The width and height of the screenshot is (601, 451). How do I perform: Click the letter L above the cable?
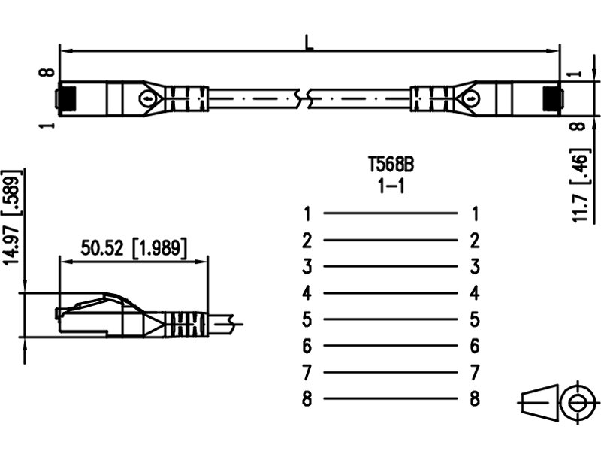pyautogui.click(x=309, y=42)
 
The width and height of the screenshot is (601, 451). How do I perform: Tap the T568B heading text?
pyautogui.click(x=391, y=165)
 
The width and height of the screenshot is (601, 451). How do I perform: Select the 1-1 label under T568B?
pyautogui.click(x=391, y=186)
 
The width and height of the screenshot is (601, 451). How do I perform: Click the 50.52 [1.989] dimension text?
pyautogui.click(x=134, y=248)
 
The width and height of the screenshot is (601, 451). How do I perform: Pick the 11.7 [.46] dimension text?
pyautogui.click(x=579, y=185)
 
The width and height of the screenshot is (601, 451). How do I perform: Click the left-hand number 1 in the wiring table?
pyautogui.click(x=307, y=213)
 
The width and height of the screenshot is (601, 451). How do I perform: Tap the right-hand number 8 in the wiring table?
pyautogui.click(x=475, y=398)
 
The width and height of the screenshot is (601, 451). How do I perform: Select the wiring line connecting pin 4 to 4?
pyautogui.click(x=391, y=293)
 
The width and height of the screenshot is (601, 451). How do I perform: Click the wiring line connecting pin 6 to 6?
pyautogui.click(x=391, y=346)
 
